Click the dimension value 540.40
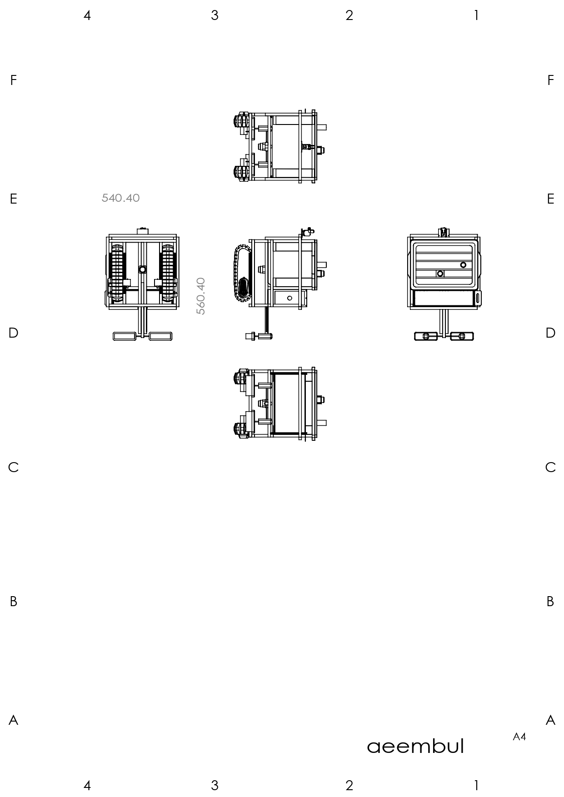pyautogui.click(x=120, y=198)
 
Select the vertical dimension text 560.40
pyautogui.click(x=201, y=296)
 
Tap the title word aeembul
pyautogui.click(x=415, y=746)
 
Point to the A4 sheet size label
pyautogui.click(x=519, y=737)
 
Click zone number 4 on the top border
pyautogui.click(x=87, y=15)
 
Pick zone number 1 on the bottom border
pyautogui.click(x=476, y=785)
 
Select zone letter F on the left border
pyautogui.click(x=14, y=80)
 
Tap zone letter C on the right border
pyautogui.click(x=550, y=467)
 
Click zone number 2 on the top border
pyautogui.click(x=349, y=15)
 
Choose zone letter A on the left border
pyautogui.click(x=14, y=720)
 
